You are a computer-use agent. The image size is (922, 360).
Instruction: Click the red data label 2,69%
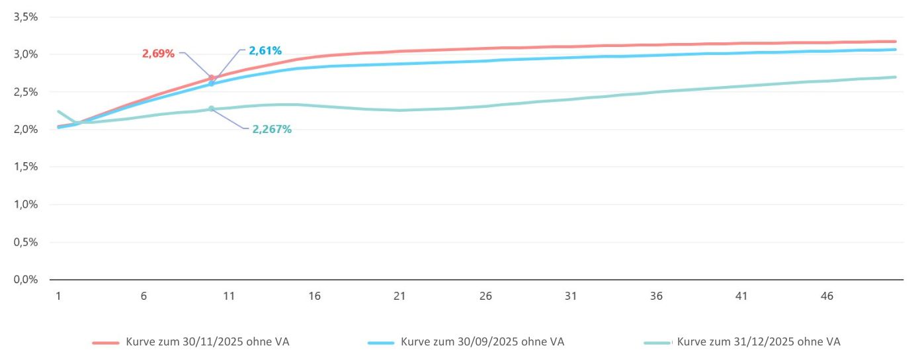(x=158, y=54)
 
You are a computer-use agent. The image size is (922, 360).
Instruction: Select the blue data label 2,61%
(x=265, y=50)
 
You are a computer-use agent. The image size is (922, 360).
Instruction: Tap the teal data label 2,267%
(x=272, y=129)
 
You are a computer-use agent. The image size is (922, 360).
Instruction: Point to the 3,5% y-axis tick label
(x=25, y=17)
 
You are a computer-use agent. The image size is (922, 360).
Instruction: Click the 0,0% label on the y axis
(x=25, y=279)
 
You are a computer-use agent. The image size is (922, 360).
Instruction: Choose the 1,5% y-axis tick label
(x=25, y=167)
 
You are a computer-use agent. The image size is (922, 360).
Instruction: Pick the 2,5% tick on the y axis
(x=25, y=92)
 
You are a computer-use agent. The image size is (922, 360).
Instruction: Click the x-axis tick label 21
(x=399, y=296)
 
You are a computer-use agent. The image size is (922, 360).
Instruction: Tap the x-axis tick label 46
(x=827, y=296)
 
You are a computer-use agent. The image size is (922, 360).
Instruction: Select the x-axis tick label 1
(x=59, y=296)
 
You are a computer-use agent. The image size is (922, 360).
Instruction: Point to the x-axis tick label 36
(x=656, y=296)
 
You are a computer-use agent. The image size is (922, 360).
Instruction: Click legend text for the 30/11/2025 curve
(x=207, y=342)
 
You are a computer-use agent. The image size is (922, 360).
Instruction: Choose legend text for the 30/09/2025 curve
(x=482, y=342)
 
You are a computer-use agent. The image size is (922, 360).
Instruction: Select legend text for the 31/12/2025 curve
(x=759, y=342)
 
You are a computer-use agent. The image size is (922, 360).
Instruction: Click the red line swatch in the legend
(x=105, y=343)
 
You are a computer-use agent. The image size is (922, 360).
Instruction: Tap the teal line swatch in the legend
(x=657, y=343)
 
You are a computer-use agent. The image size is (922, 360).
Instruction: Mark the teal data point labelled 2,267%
(x=211, y=109)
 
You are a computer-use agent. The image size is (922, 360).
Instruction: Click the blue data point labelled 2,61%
(x=211, y=83)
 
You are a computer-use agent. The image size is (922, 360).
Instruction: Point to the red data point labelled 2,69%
(x=212, y=78)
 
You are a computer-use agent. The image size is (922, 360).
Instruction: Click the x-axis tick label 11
(x=229, y=296)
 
